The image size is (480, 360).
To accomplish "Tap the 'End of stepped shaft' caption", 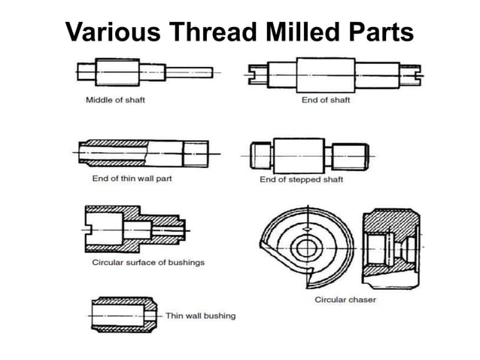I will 301,179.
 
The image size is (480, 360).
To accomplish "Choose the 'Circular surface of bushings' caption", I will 148,263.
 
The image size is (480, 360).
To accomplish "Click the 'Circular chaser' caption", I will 345,300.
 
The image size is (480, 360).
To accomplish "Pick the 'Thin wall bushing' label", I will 200,316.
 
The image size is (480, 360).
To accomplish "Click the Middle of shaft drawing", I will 143,72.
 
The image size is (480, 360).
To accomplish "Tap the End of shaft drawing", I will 334,73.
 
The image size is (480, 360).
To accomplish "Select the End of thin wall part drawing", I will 143,154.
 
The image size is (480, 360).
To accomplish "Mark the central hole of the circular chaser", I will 306,246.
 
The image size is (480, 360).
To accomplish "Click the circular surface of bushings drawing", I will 131,229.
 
